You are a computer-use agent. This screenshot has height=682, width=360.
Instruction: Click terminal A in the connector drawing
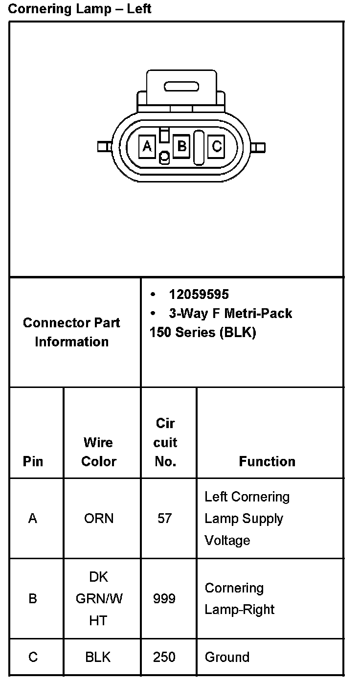(147, 146)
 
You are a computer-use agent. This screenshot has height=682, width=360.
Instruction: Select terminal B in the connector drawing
(181, 146)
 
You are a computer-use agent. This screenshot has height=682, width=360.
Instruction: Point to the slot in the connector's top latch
(181, 87)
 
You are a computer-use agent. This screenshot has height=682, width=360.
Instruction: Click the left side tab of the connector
(104, 146)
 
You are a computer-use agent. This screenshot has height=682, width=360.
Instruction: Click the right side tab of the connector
(259, 147)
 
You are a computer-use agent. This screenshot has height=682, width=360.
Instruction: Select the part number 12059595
(199, 294)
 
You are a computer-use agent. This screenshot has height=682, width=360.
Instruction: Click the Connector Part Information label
(71, 332)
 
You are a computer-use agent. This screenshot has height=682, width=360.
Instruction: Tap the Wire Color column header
(99, 452)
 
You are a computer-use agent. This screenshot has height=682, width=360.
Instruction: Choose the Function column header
(267, 461)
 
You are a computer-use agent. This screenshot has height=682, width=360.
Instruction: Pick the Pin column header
(33, 461)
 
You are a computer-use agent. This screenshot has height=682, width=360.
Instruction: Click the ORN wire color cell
(99, 518)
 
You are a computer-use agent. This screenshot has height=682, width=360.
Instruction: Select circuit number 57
(165, 518)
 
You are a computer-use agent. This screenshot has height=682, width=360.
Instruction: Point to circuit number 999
(164, 599)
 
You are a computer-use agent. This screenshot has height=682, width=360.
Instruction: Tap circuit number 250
(164, 657)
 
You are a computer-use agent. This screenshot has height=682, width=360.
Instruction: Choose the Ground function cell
(227, 657)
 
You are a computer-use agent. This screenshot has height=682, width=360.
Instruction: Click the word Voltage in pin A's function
(227, 540)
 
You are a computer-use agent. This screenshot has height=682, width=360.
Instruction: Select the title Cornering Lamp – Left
(80, 9)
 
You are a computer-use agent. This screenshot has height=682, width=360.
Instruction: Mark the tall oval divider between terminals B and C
(199, 147)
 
